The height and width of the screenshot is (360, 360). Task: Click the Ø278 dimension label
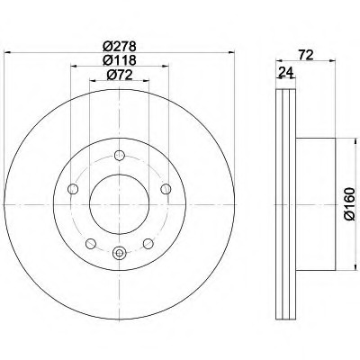click(x=120, y=47)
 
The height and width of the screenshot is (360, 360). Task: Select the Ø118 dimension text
click(x=120, y=60)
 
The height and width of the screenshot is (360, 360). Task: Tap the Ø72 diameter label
click(x=120, y=75)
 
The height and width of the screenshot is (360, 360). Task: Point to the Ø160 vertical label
click(x=349, y=204)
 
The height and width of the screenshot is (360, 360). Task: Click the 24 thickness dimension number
click(x=285, y=72)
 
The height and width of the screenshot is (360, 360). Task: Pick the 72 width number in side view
click(x=306, y=55)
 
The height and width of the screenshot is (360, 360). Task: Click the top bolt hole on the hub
click(x=120, y=156)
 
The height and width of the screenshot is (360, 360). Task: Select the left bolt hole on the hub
click(x=73, y=189)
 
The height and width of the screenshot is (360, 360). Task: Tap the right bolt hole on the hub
click(x=166, y=189)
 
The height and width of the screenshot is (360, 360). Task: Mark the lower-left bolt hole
click(x=91, y=244)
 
